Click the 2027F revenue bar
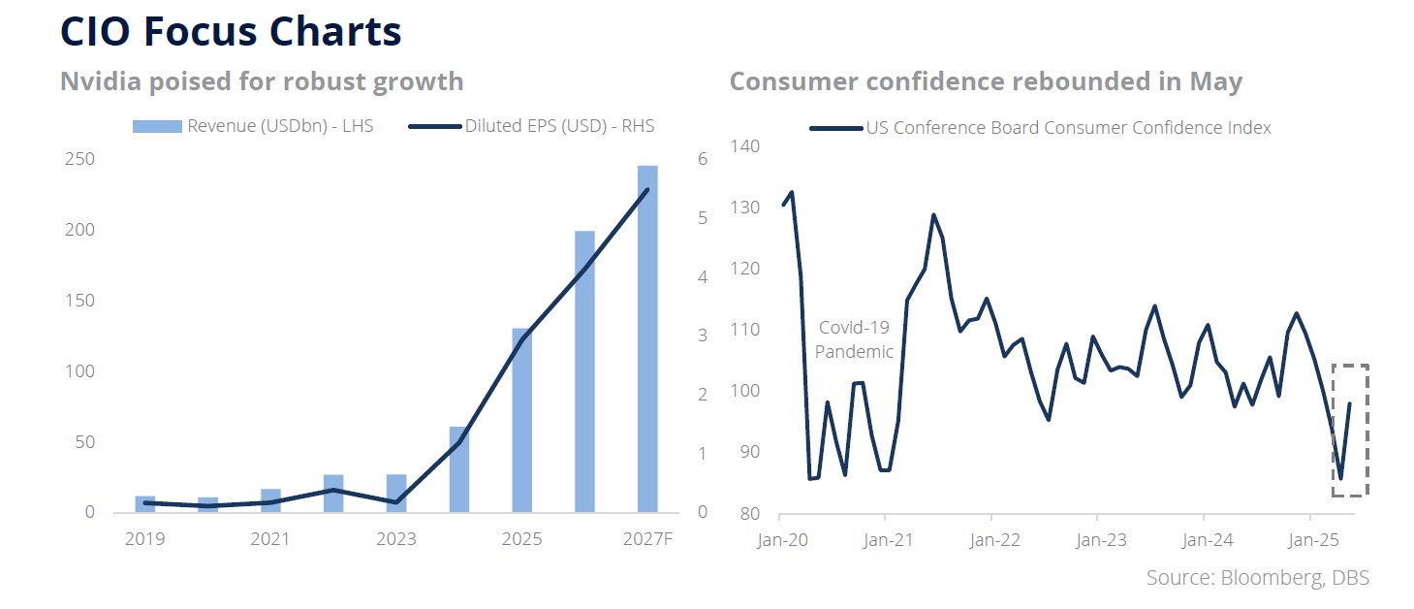(647, 339)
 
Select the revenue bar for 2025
(521, 421)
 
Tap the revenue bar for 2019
(144, 504)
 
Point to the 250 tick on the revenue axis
(80, 159)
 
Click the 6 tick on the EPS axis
(703, 159)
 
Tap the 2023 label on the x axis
(395, 539)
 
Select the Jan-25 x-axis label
(1311, 539)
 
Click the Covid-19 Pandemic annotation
(854, 339)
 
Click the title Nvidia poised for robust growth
(262, 81)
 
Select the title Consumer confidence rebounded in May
(986, 81)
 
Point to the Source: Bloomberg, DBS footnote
(1257, 578)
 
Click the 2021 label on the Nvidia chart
(270, 539)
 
